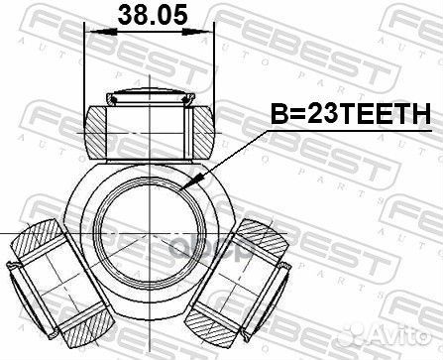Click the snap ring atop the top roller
(150, 95)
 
